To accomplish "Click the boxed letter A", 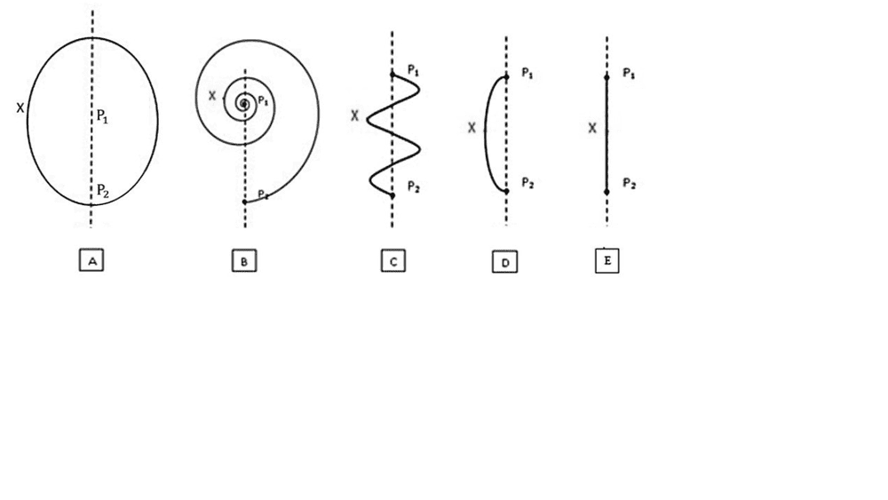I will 91,260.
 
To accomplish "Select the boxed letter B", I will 244,261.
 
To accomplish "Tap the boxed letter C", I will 393,261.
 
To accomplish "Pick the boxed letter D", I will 503,262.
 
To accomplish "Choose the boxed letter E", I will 607,261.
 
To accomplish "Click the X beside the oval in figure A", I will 20,107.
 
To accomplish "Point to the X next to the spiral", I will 211,95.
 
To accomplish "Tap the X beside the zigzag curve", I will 354,115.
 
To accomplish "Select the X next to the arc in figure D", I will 472,128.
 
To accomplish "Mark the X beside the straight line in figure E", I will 592,129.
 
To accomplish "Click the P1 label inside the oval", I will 103,115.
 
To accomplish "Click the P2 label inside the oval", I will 103,189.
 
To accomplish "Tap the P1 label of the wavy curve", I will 413,69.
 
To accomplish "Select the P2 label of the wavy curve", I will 413,186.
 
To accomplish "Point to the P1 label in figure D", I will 527,72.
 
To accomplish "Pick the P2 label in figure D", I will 527,183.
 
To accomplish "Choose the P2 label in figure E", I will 629,183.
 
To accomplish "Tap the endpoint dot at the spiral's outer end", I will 244,202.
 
